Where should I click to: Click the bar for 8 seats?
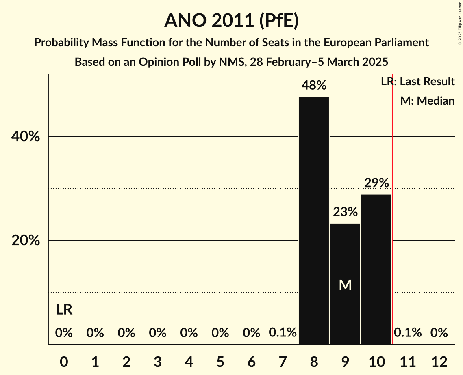click(x=314, y=220)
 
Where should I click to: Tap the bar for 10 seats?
click(x=376, y=269)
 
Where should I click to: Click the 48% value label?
click(x=314, y=86)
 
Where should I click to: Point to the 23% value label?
click(x=345, y=212)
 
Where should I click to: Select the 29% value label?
click(x=376, y=183)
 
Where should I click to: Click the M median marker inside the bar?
click(x=345, y=285)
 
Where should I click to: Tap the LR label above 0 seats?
click(x=64, y=310)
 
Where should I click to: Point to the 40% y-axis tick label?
click(x=26, y=137)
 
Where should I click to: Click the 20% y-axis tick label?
click(x=26, y=241)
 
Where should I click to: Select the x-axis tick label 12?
click(x=439, y=361)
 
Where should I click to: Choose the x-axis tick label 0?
click(x=64, y=361)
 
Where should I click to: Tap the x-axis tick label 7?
click(x=283, y=361)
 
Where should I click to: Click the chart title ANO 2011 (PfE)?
click(x=231, y=20)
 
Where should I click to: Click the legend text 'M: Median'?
click(x=427, y=101)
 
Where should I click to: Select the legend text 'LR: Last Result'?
click(x=417, y=82)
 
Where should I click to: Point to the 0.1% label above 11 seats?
click(x=408, y=333)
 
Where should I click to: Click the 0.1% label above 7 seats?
click(x=283, y=333)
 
